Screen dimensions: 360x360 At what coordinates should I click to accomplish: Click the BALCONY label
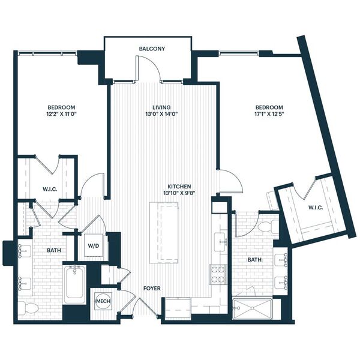(152, 49)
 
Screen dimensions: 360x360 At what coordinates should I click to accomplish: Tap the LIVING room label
(161, 107)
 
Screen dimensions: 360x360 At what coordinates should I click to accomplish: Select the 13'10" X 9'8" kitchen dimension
(179, 193)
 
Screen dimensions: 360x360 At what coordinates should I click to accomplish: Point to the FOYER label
(152, 289)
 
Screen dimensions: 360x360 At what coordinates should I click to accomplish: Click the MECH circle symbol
(103, 301)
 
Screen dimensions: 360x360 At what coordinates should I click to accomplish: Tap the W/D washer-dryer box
(94, 245)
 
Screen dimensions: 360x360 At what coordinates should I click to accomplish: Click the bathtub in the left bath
(75, 284)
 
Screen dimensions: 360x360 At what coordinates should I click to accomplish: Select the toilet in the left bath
(29, 308)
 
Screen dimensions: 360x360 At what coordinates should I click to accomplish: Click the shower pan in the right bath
(252, 308)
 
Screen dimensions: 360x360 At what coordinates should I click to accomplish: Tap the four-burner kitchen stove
(217, 274)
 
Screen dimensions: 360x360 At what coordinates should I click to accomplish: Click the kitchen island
(164, 233)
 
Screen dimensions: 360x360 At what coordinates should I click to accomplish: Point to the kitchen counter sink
(221, 242)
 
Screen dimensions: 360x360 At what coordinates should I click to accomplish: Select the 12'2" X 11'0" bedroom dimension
(61, 114)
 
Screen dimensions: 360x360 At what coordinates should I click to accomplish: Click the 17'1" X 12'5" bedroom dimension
(269, 114)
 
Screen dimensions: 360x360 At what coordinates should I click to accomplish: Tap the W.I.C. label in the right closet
(316, 208)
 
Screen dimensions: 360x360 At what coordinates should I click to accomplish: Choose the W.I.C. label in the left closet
(50, 190)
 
